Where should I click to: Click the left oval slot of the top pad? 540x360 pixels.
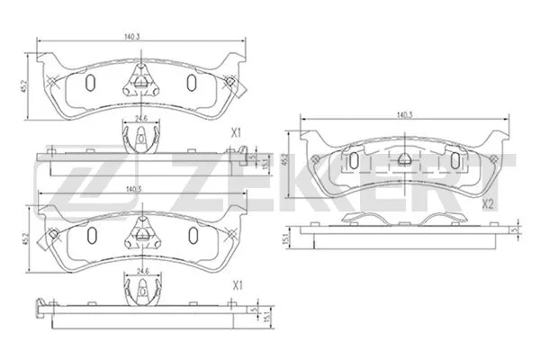[90, 83]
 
